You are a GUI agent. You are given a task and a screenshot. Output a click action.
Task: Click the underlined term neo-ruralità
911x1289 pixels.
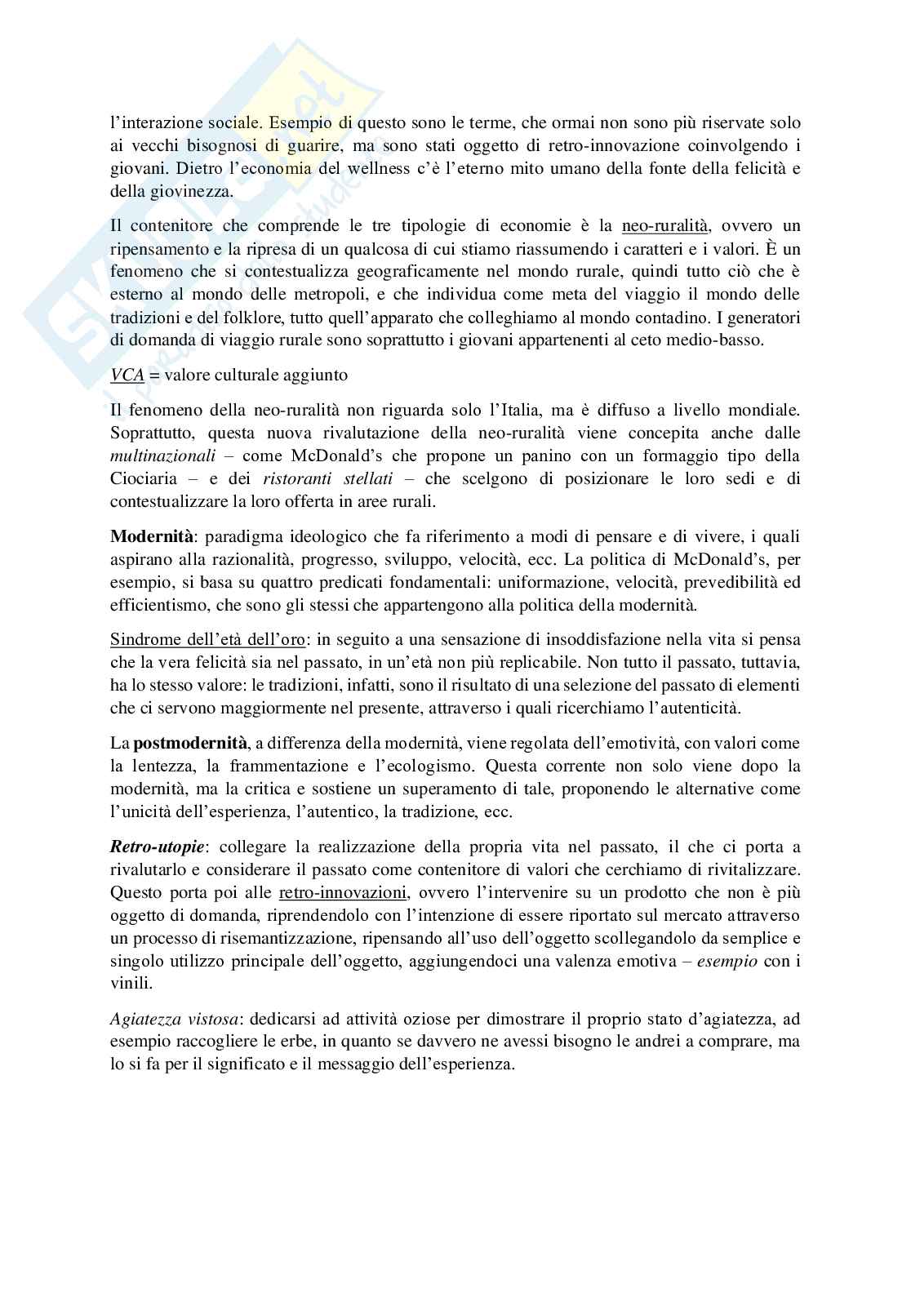tap(664, 225)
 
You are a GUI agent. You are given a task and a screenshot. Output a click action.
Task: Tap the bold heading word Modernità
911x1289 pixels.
tap(152, 536)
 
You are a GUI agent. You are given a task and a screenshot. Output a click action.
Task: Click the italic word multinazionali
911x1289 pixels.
tap(166, 455)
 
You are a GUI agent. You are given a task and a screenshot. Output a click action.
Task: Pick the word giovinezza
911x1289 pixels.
tap(194, 192)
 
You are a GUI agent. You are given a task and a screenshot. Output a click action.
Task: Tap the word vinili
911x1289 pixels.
tap(127, 985)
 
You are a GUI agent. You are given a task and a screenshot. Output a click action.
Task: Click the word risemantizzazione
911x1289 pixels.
tap(258, 938)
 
